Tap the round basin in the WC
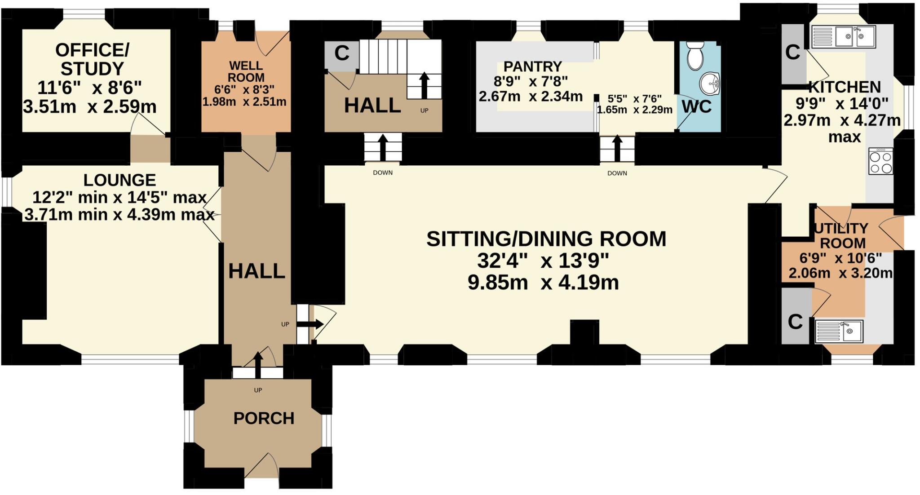pos(710,84)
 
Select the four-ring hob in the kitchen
pos(881,161)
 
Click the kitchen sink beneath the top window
pos(844,37)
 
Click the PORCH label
pos(264,418)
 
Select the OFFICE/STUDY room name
pos(92,59)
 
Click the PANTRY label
pos(533,66)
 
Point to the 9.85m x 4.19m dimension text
pos(543,283)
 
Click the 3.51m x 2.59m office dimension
pos(89,107)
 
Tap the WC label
pos(696,107)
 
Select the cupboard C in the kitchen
pos(793,53)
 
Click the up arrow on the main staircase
pos(424,85)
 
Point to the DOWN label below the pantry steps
pos(617,173)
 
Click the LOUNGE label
pos(119,180)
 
